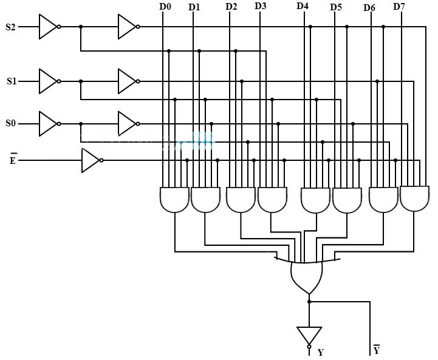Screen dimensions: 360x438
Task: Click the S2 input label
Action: click(10, 27)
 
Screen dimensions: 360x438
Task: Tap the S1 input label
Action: click(12, 81)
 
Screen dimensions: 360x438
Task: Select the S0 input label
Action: click(10, 123)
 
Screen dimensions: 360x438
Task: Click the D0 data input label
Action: click(165, 7)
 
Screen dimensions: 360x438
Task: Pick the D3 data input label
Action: click(260, 6)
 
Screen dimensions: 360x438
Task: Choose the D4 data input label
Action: click(302, 6)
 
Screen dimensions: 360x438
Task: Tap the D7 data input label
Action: click(399, 7)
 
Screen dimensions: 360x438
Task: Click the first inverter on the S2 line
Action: click(48, 27)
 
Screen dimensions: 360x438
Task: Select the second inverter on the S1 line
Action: click(128, 81)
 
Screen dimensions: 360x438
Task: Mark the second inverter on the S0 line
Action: click(128, 123)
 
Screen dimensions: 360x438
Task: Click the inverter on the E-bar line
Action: click(91, 160)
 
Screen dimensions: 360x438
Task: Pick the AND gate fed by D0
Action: click(174, 200)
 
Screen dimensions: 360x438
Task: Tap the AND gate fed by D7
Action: click(414, 198)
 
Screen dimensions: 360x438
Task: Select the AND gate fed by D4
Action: click(316, 200)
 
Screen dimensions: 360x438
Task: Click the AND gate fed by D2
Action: click(241, 200)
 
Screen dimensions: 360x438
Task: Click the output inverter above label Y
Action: click(309, 336)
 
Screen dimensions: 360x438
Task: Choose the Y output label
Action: click(320, 353)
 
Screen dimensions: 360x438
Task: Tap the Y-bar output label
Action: click(376, 350)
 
